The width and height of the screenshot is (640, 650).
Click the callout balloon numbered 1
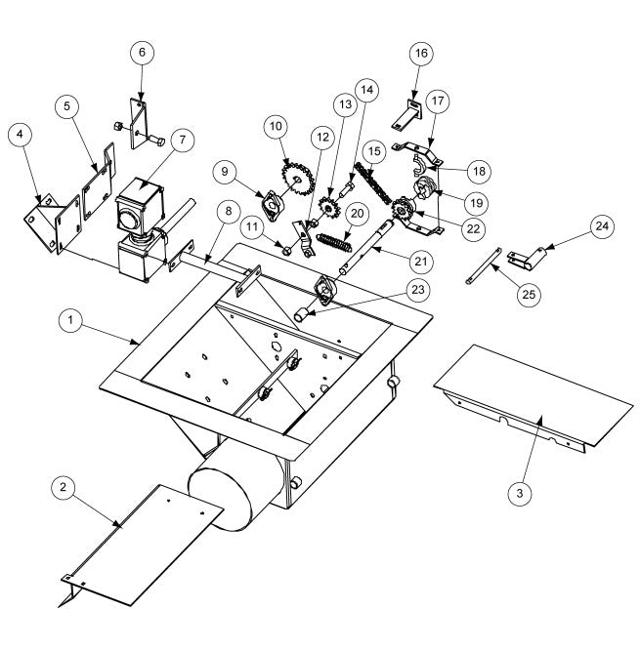pos(71,320)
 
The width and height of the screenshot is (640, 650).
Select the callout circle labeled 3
pos(520,494)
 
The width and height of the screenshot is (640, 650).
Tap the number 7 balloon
pos(183,140)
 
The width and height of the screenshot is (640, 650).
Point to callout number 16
pos(421,53)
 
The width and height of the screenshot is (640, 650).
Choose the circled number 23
pos(418,289)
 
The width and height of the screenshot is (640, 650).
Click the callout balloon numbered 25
pos(529,295)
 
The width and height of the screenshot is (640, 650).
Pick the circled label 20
pos(357,214)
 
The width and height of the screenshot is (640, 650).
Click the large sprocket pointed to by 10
pos(298,180)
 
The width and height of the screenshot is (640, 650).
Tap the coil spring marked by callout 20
pos(334,242)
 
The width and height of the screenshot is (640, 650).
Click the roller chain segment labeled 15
pos(372,183)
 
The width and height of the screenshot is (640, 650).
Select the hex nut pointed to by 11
pos(286,251)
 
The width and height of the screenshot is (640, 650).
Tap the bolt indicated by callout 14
pos(347,189)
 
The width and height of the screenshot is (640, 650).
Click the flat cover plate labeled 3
pos(533,396)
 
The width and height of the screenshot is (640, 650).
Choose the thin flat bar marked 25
pos(483,265)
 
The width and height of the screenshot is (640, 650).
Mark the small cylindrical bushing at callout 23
pos(301,314)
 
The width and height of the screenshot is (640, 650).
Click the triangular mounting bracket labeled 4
pos(41,223)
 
